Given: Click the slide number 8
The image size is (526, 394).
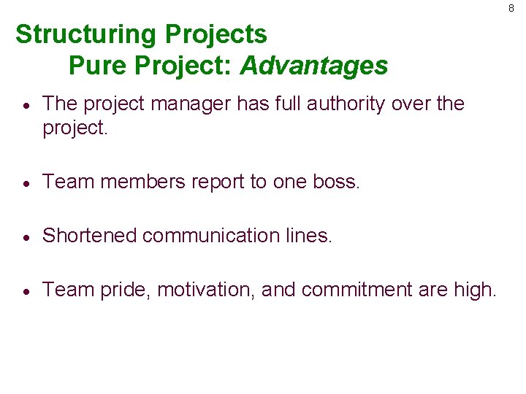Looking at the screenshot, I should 511,8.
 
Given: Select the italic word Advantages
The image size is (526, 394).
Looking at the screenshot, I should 314,66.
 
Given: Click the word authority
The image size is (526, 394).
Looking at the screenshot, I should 346,104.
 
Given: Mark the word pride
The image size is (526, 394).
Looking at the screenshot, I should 124,290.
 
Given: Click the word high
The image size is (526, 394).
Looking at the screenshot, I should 474,290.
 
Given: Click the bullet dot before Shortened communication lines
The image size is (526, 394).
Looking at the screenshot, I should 26,236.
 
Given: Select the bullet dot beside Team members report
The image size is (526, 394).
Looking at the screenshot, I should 26,182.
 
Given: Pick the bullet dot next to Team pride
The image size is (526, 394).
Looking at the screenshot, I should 26,291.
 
